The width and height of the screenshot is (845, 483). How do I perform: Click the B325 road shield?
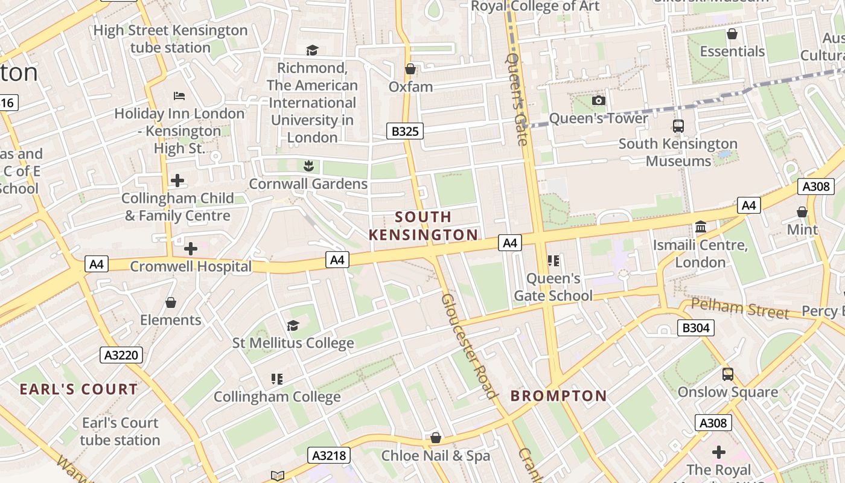click(x=405, y=131)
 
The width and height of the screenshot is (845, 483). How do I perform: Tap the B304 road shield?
click(x=695, y=328)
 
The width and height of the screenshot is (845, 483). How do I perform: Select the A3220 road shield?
click(x=121, y=355)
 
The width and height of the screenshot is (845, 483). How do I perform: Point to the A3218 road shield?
click(x=330, y=455)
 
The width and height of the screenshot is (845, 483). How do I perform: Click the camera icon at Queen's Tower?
click(x=598, y=100)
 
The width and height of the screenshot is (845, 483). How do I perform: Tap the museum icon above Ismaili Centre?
click(x=701, y=227)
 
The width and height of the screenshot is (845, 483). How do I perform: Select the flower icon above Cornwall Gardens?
click(x=308, y=165)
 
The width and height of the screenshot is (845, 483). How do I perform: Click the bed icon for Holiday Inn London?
click(x=179, y=95)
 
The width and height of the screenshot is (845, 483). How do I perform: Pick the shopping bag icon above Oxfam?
click(x=410, y=69)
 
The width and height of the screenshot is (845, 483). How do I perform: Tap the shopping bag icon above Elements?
click(x=171, y=302)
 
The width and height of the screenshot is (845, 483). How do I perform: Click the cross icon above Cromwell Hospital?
click(x=191, y=248)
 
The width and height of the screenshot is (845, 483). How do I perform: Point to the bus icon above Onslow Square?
click(x=728, y=374)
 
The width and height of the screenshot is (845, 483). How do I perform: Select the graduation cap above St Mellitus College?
click(x=293, y=325)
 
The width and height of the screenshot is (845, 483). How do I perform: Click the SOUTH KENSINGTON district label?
click(x=423, y=226)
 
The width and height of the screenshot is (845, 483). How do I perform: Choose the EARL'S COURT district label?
click(x=79, y=389)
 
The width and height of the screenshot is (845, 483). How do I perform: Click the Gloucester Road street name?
click(x=469, y=346)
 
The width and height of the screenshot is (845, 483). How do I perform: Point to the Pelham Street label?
click(x=739, y=308)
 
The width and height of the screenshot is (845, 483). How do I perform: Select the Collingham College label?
click(x=277, y=397)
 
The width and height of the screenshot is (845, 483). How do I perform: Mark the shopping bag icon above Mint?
click(x=802, y=212)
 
